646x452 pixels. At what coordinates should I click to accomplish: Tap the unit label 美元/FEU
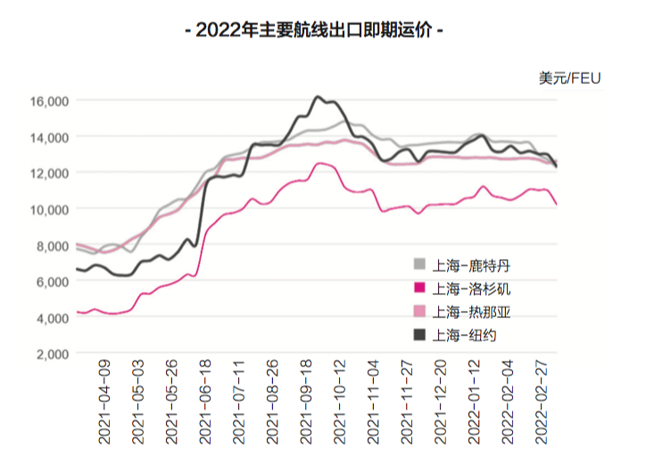(x=569, y=79)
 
